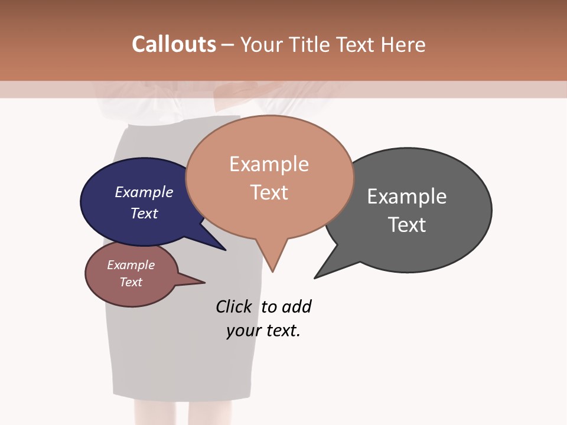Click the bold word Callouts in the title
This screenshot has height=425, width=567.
click(174, 45)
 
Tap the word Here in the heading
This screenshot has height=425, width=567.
click(405, 45)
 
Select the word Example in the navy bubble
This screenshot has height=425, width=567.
click(144, 192)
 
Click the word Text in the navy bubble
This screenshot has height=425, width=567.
click(144, 213)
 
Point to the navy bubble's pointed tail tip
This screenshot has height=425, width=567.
click(225, 250)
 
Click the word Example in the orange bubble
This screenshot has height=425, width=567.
click(269, 164)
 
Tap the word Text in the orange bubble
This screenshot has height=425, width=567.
click(269, 192)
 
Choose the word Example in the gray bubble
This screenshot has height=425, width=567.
click(407, 197)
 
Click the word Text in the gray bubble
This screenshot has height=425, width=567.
click(407, 225)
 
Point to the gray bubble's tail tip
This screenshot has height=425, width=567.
click(315, 277)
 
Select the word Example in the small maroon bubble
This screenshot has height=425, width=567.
click(131, 265)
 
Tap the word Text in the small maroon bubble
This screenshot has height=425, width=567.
click(131, 282)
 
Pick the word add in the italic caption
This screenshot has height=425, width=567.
click(296, 307)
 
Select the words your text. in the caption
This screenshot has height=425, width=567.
click(263, 331)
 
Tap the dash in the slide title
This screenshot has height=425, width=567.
click(228, 45)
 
